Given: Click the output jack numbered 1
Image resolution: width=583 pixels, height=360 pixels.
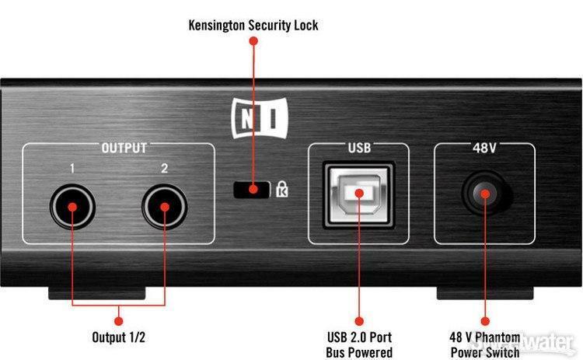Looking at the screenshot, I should pyautogui.click(x=72, y=208).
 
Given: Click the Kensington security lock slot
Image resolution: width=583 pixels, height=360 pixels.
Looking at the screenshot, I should pyautogui.click(x=250, y=188).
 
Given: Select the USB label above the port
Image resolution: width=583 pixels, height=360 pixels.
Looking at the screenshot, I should pyautogui.click(x=359, y=145).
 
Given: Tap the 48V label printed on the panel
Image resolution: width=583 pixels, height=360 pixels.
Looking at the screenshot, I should pyautogui.click(x=483, y=145).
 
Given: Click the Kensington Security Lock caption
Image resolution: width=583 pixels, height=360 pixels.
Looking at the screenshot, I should pyautogui.click(x=253, y=26).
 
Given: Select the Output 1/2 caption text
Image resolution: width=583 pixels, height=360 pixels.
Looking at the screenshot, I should pyautogui.click(x=117, y=337).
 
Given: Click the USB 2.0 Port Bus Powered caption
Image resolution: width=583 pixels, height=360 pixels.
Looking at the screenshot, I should pyautogui.click(x=359, y=344).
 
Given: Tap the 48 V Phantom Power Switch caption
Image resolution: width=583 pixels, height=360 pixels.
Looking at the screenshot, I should pyautogui.click(x=484, y=344).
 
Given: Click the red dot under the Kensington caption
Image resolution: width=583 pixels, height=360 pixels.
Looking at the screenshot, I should pyautogui.click(x=253, y=40).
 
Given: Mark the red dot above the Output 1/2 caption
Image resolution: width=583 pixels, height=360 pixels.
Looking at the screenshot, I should pyautogui.click(x=118, y=319).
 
